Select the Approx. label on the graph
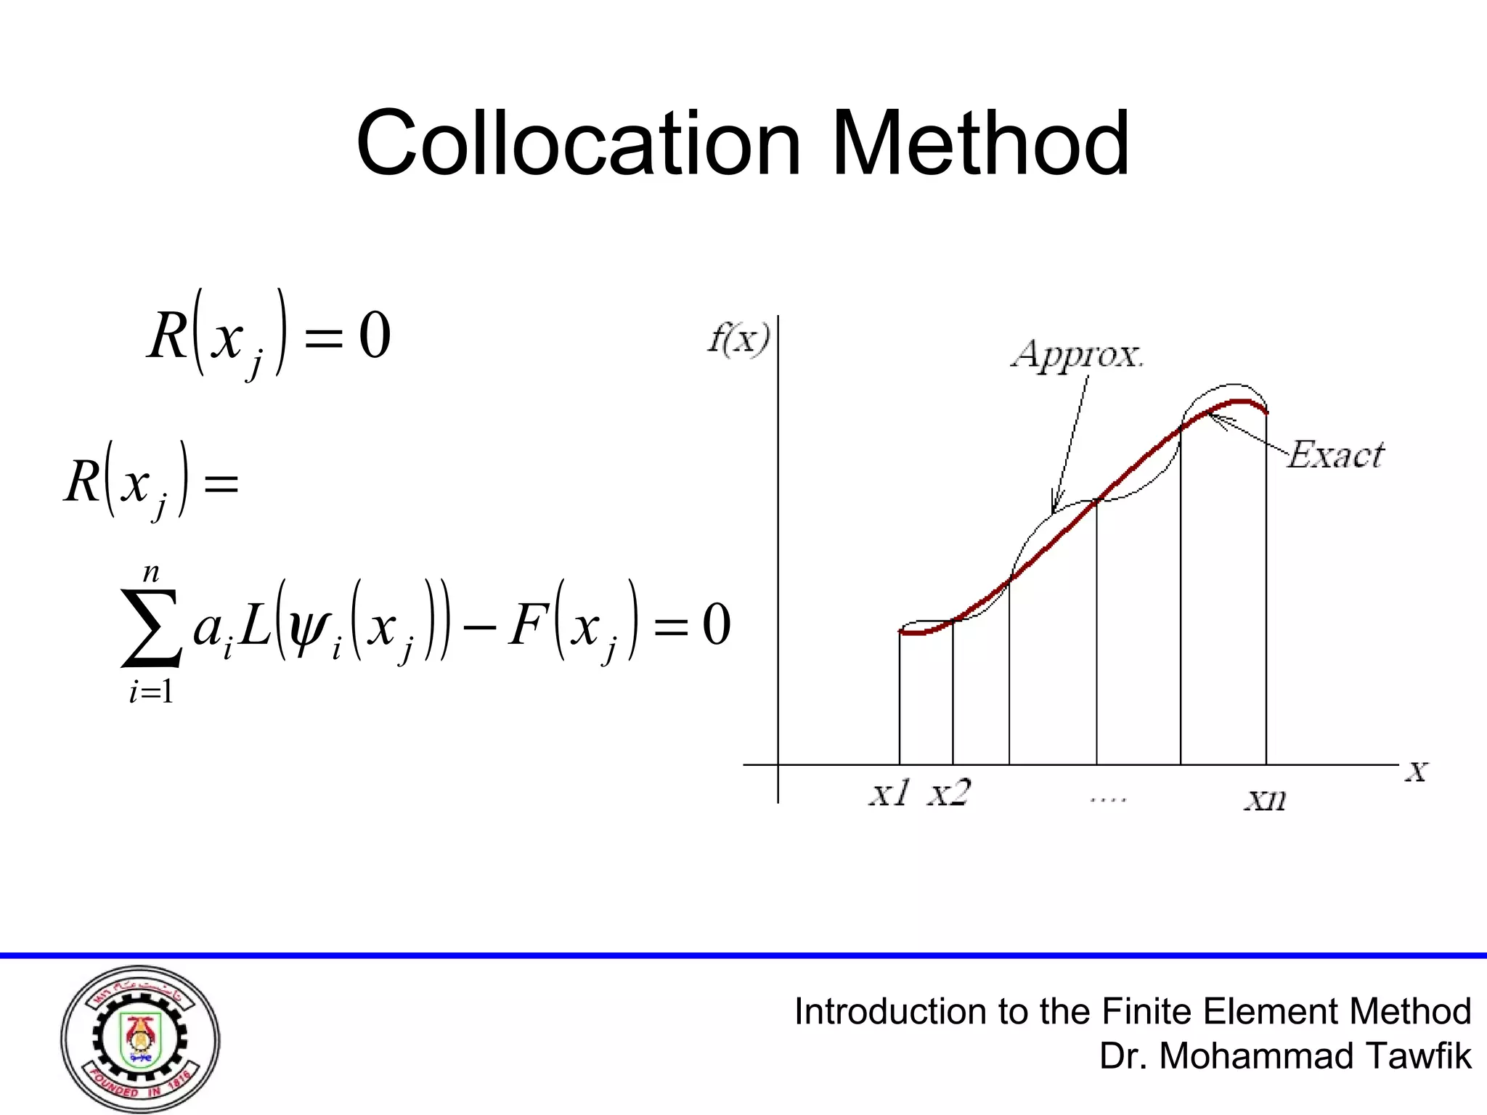point(1077,355)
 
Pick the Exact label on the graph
point(1336,455)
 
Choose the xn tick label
point(1266,799)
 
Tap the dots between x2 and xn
point(1107,799)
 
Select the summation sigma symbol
point(151,628)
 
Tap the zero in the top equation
point(375,335)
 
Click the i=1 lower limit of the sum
point(151,692)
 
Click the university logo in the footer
point(140,1039)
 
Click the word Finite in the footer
point(1145,1011)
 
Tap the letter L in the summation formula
point(254,625)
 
